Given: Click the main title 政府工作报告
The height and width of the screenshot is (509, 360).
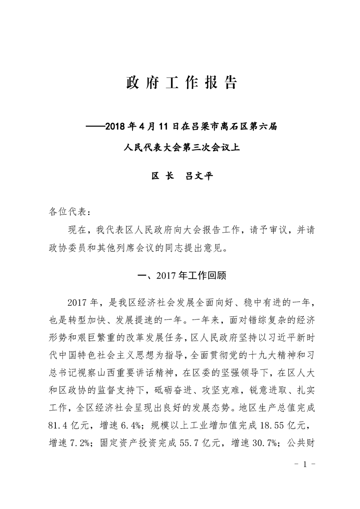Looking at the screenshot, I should [x=181, y=83].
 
